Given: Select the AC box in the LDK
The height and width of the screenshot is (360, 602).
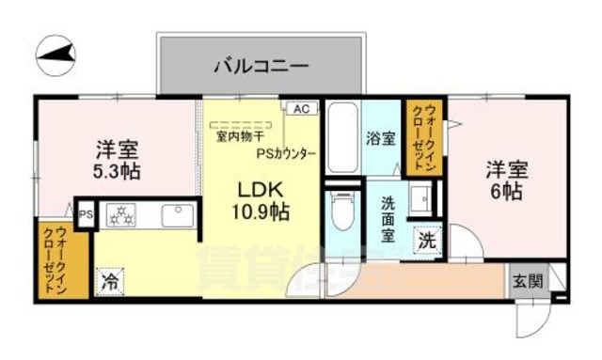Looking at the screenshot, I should [x=301, y=109].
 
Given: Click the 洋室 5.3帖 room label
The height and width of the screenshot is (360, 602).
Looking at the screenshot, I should [x=118, y=160].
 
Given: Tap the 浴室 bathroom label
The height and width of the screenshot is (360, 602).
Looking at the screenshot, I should [x=380, y=138].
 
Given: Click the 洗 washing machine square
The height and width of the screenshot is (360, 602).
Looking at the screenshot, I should [x=429, y=241].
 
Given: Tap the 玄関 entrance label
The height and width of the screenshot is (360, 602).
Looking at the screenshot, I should [x=527, y=280].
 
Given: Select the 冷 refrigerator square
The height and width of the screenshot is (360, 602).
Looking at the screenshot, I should [x=110, y=280].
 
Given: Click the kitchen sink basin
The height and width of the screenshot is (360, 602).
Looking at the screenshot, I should [x=175, y=216].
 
